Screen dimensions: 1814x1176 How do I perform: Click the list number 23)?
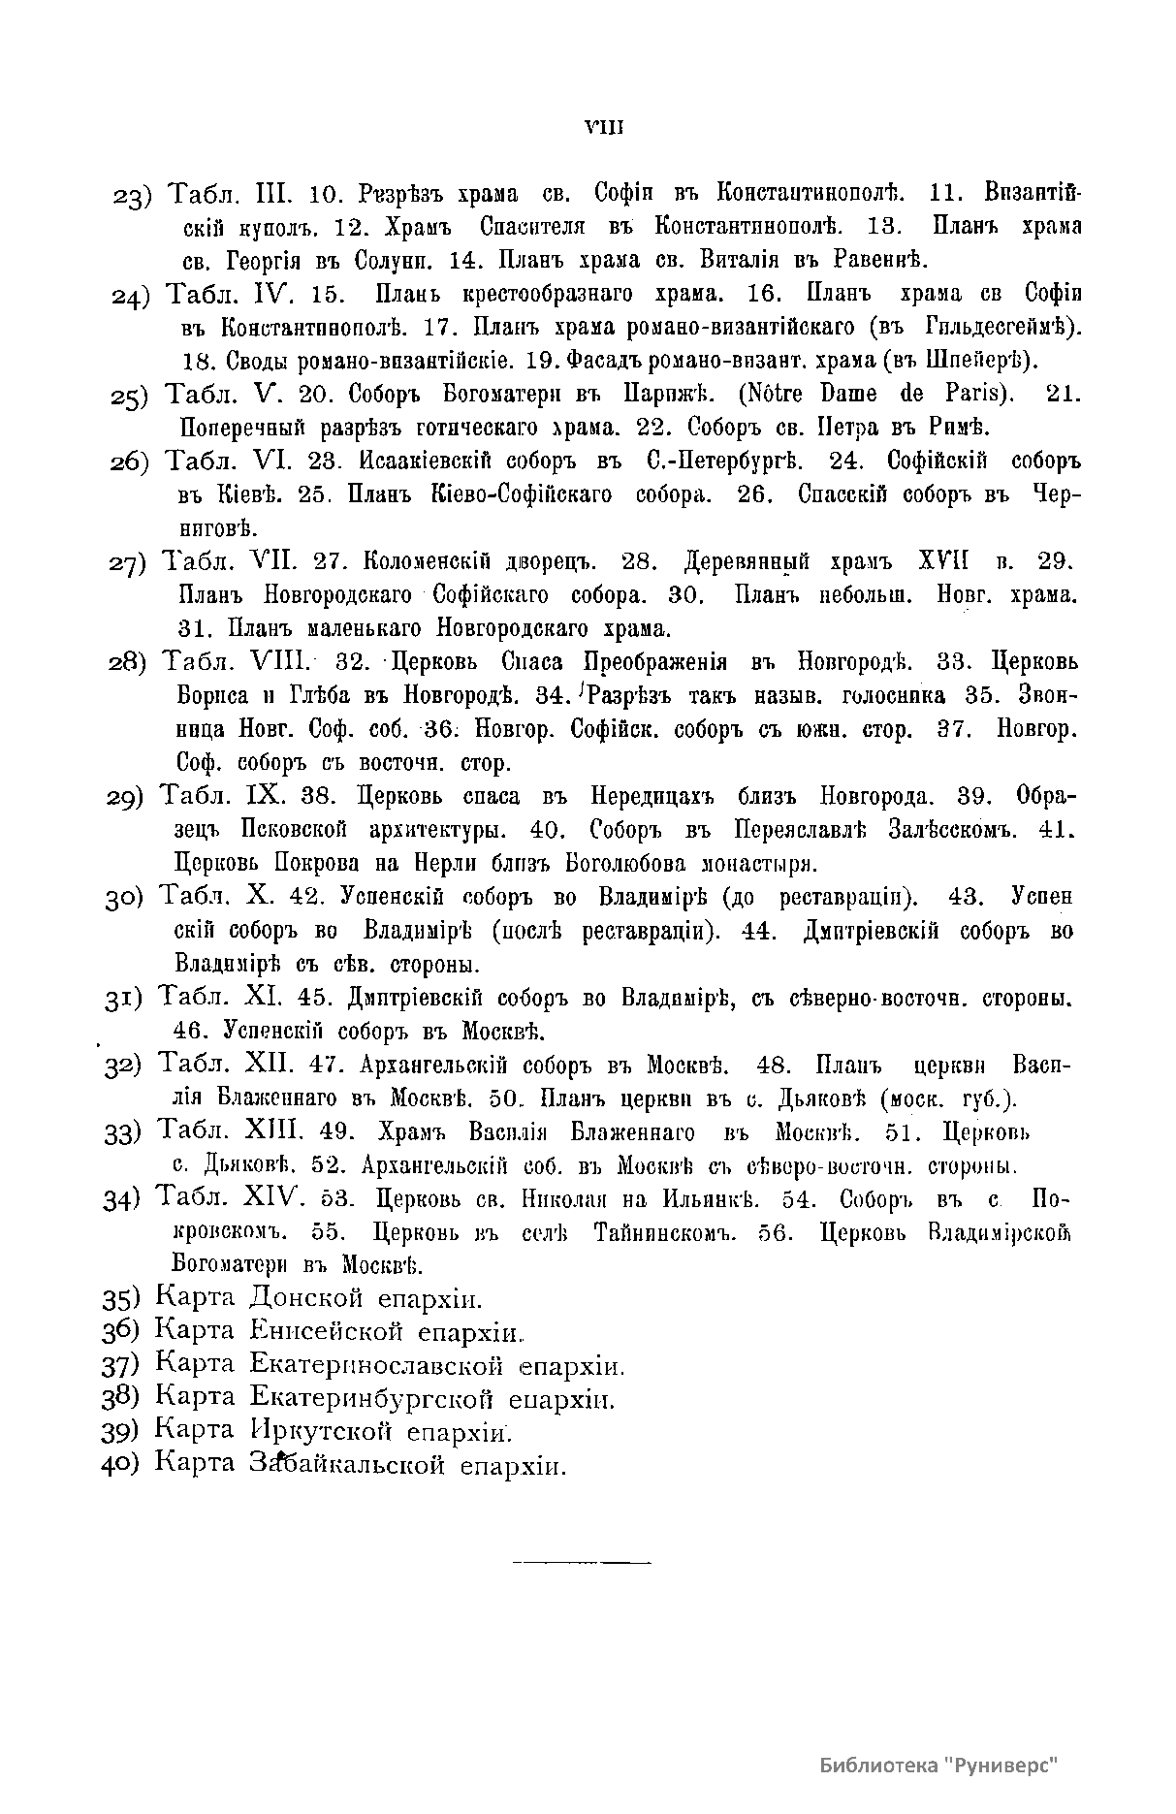(x=131, y=197)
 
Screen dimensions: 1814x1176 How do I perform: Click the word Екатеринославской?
(x=376, y=1366)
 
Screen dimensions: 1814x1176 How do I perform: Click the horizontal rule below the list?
(x=581, y=1561)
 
